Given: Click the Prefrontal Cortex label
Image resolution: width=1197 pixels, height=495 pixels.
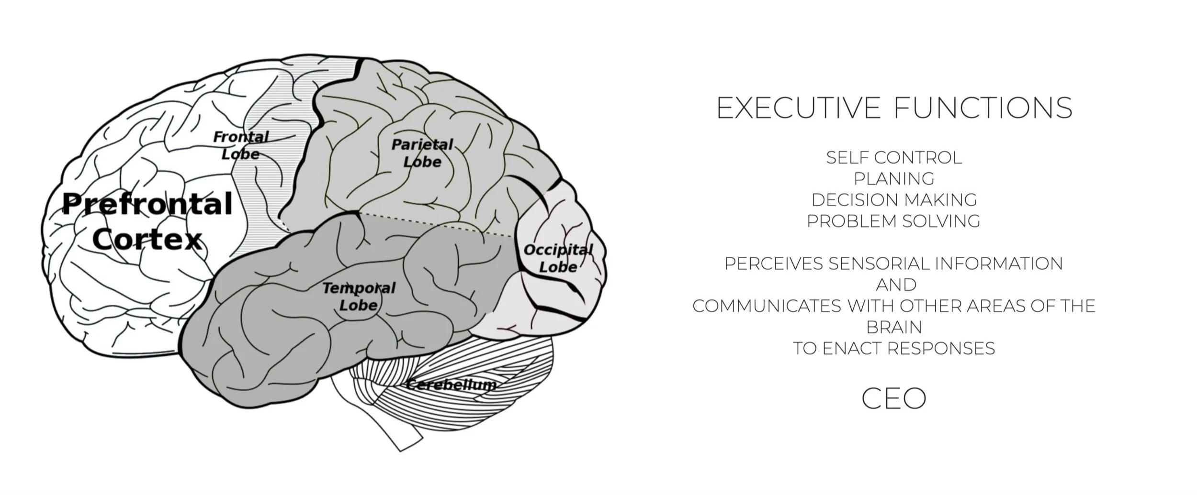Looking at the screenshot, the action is tap(147, 221).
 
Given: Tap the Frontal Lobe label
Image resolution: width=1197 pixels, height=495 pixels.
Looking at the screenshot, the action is tap(241, 145).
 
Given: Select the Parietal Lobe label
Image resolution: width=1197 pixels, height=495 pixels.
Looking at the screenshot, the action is tap(422, 153).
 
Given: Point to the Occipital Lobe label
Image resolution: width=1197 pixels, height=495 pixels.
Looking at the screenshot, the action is tap(558, 258).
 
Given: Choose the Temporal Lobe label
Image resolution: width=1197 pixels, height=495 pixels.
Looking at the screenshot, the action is tap(359, 296).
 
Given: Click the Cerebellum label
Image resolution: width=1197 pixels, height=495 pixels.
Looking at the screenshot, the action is tap(451, 384).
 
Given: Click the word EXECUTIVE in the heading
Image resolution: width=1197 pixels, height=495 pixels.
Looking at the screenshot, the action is tap(798, 108).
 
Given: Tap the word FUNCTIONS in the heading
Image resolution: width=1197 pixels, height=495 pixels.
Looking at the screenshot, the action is tap(983, 108).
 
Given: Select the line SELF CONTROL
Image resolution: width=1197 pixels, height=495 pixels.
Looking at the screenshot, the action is tap(894, 158).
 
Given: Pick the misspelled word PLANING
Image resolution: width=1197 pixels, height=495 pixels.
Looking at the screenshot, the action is tap(894, 179).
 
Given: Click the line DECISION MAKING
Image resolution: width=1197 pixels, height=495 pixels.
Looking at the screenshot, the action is tap(894, 200).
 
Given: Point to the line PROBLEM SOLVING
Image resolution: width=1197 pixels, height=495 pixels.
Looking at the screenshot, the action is tap(894, 221).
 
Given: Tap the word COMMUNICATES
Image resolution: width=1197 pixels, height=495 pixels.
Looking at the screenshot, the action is tap(767, 306).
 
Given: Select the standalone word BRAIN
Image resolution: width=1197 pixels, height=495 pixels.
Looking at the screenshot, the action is tap(894, 328).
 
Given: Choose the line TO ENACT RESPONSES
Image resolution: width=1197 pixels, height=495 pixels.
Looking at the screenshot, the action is tap(894, 349).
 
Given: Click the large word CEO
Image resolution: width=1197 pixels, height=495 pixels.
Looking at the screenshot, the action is tap(894, 398).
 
